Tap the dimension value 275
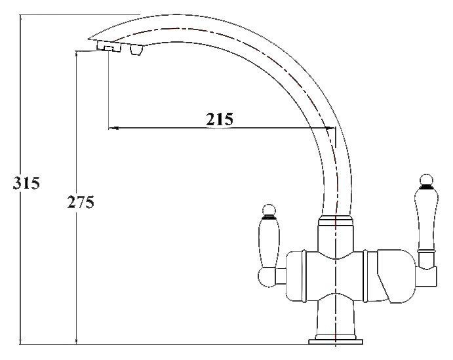(81, 202)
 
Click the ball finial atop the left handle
(267, 210)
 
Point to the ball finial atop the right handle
(424, 180)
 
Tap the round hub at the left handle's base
(269, 277)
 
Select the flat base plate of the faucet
(334, 342)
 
